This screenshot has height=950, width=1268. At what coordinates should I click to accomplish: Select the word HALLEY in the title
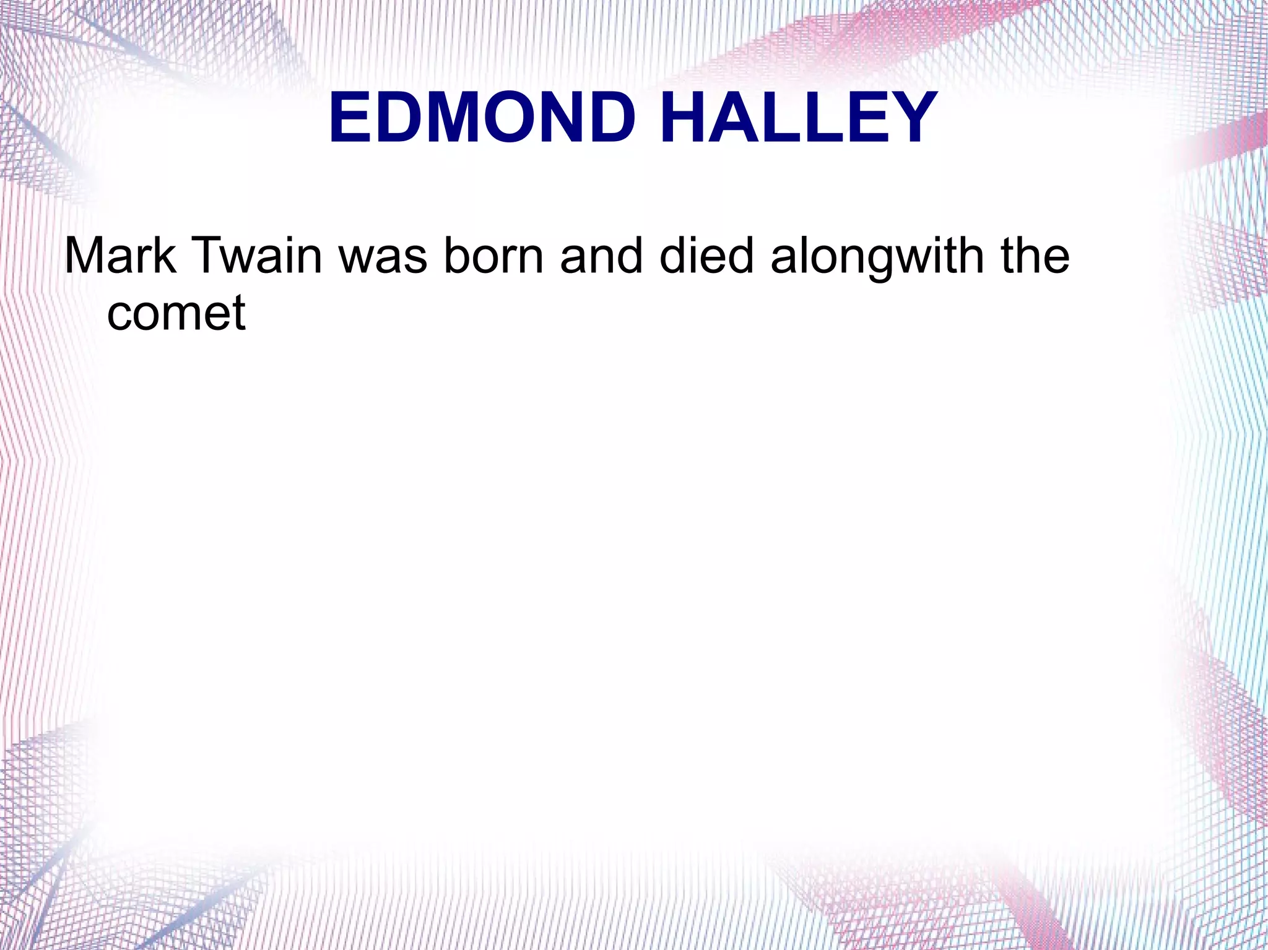point(799,118)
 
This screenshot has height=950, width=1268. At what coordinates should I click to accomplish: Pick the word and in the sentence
point(601,255)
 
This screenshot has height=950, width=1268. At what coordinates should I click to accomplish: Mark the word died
point(706,255)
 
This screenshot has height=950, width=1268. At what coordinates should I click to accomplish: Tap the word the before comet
point(1036,255)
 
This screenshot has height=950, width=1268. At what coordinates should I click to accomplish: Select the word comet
point(176,313)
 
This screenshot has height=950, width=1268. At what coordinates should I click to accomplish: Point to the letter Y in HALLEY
point(909,118)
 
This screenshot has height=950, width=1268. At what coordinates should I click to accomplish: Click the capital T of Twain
point(209,255)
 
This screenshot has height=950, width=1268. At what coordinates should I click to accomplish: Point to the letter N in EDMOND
point(562,118)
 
